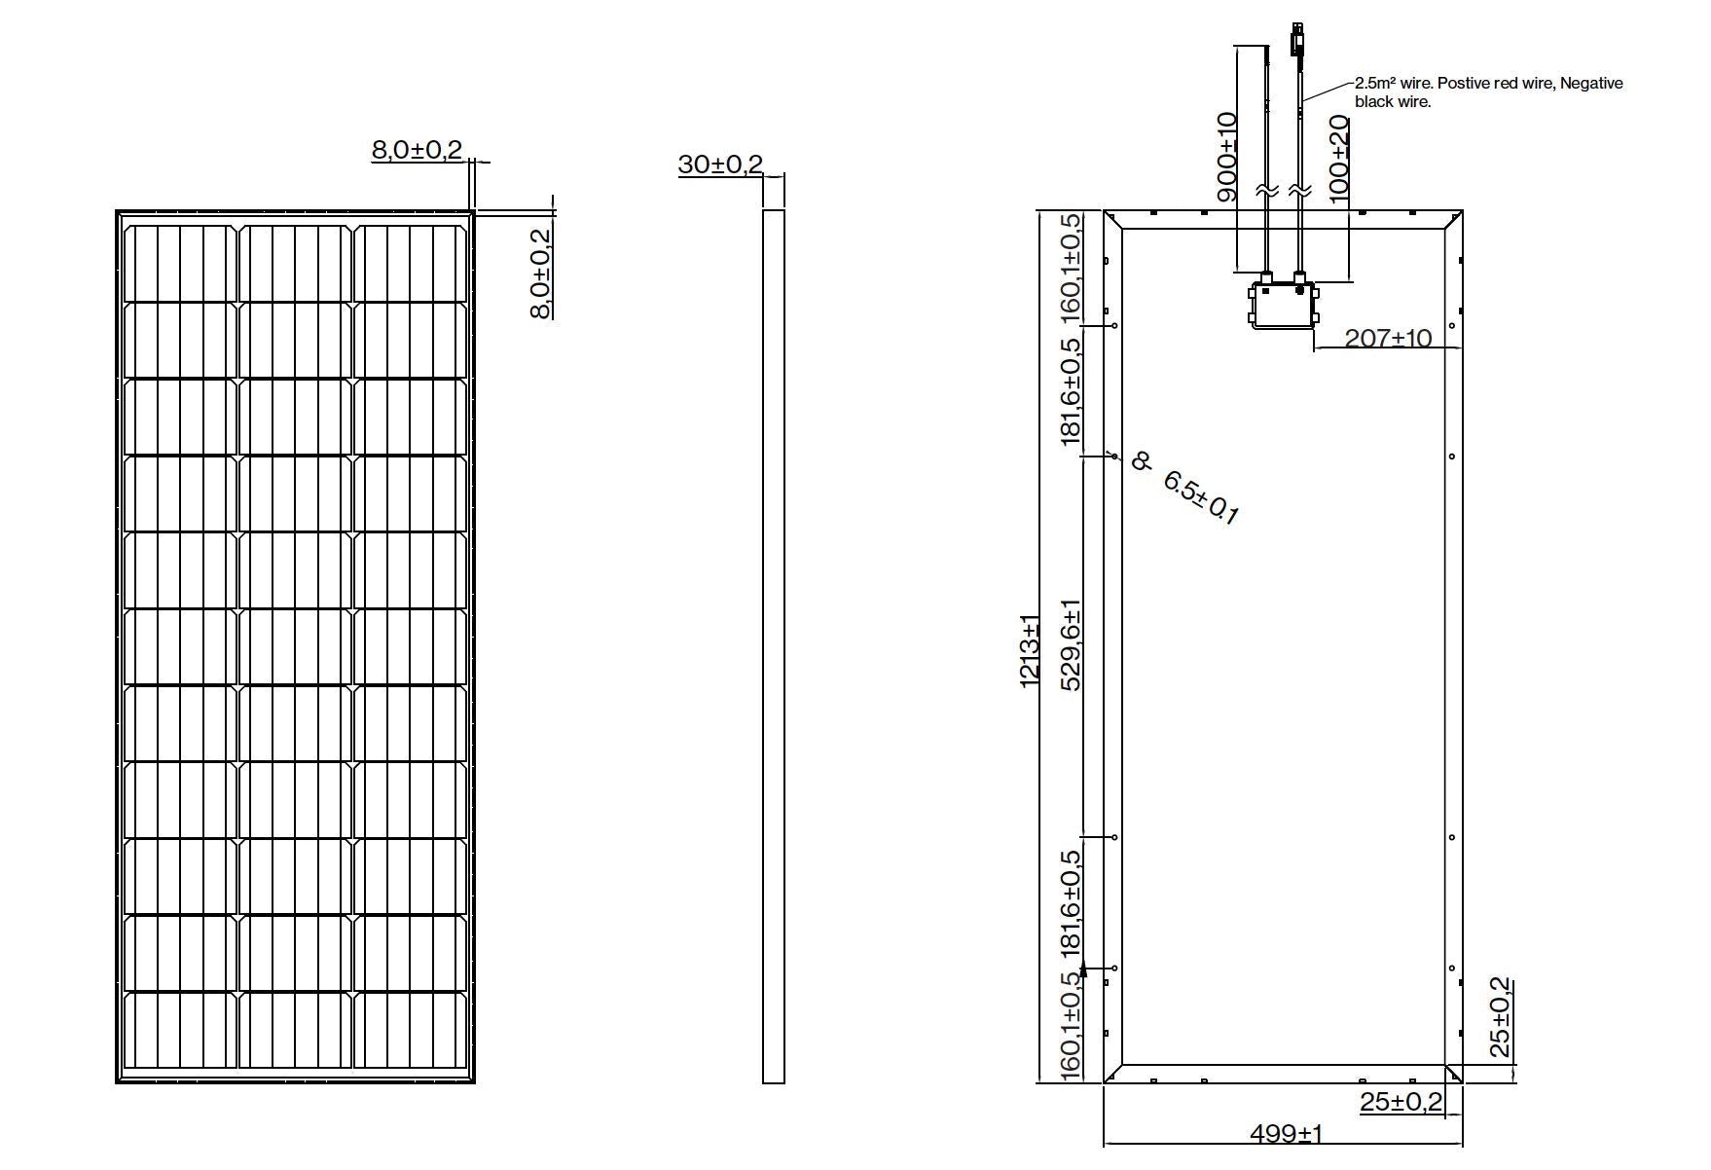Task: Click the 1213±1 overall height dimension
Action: [1030, 651]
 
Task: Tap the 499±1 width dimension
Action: [1286, 1133]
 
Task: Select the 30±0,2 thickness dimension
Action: [720, 165]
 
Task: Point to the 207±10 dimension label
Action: [1388, 338]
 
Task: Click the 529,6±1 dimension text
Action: [1070, 644]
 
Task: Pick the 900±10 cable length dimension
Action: [1226, 157]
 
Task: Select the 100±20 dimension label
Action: [1339, 159]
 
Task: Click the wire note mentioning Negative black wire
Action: [1488, 92]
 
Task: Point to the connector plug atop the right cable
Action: [1296, 38]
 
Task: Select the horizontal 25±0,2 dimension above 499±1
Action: [1401, 1102]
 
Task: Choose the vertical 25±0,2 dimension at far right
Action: [1500, 1017]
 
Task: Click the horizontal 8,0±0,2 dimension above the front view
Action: [417, 150]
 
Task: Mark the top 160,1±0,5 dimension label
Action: [1070, 267]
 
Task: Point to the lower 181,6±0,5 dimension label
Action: [1070, 902]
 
